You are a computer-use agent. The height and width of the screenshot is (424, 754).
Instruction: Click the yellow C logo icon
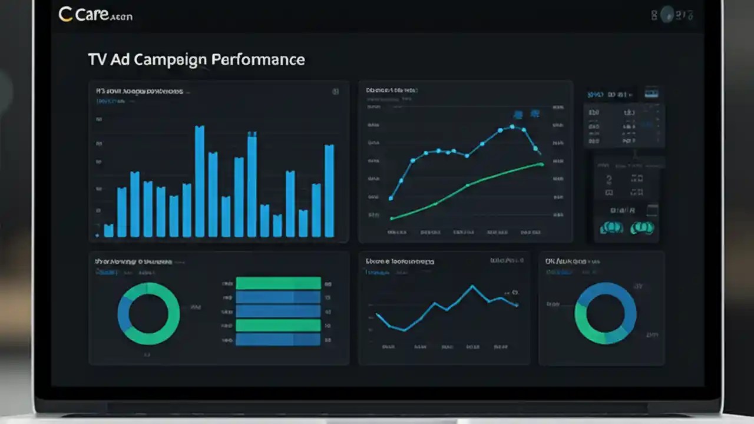coord(65,14)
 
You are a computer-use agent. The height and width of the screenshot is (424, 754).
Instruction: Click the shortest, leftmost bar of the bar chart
coord(108,230)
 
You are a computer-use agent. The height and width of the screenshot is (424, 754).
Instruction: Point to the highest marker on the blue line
coord(512,127)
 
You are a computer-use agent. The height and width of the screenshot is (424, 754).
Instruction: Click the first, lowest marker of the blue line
coord(391,198)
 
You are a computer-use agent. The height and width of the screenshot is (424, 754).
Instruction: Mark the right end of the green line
coord(541,164)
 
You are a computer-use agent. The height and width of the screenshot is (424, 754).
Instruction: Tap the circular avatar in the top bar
coord(667,14)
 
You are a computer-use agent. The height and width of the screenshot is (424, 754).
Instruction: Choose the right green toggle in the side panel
coord(642,228)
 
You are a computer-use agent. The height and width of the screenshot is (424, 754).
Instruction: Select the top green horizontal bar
coord(278,283)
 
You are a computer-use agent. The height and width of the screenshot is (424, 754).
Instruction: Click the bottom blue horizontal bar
coord(278,339)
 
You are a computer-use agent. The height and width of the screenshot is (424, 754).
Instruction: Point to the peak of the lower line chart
coord(472,287)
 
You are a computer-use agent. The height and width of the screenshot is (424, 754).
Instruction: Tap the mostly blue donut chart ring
coord(606,313)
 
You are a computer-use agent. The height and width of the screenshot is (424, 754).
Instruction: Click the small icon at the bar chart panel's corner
coord(335,92)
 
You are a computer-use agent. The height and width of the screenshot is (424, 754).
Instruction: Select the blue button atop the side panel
coord(651,94)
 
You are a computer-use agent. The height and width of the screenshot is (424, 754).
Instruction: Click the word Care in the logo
coord(91,15)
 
